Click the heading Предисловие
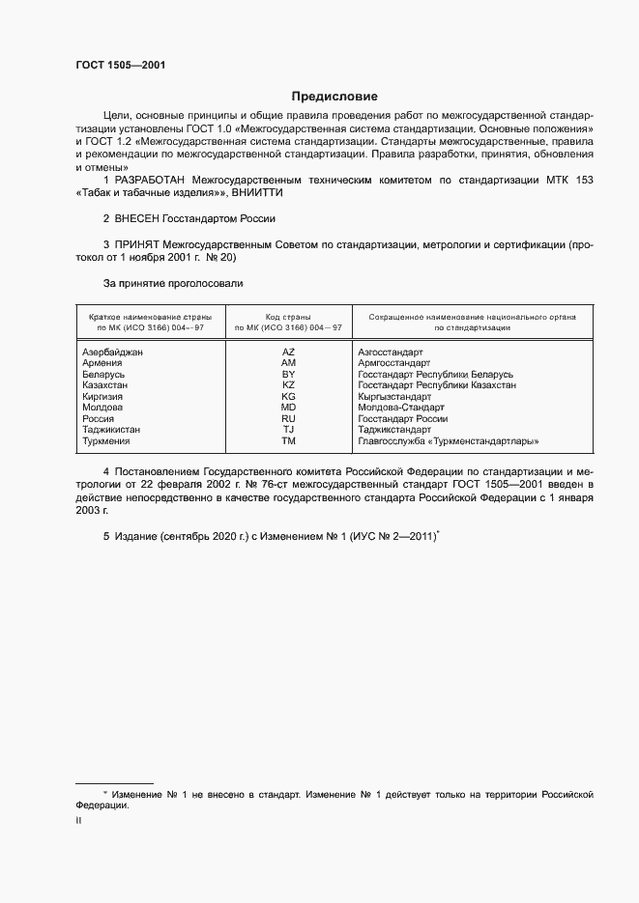(334, 97)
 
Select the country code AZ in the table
(288, 353)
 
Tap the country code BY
(288, 374)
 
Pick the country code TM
(288, 440)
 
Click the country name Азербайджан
(113, 353)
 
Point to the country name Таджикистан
(112, 430)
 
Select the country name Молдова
(103, 408)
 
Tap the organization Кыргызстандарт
(394, 397)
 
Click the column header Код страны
(288, 317)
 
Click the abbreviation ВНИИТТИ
(259, 193)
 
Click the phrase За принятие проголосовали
(173, 284)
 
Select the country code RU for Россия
(288, 419)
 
